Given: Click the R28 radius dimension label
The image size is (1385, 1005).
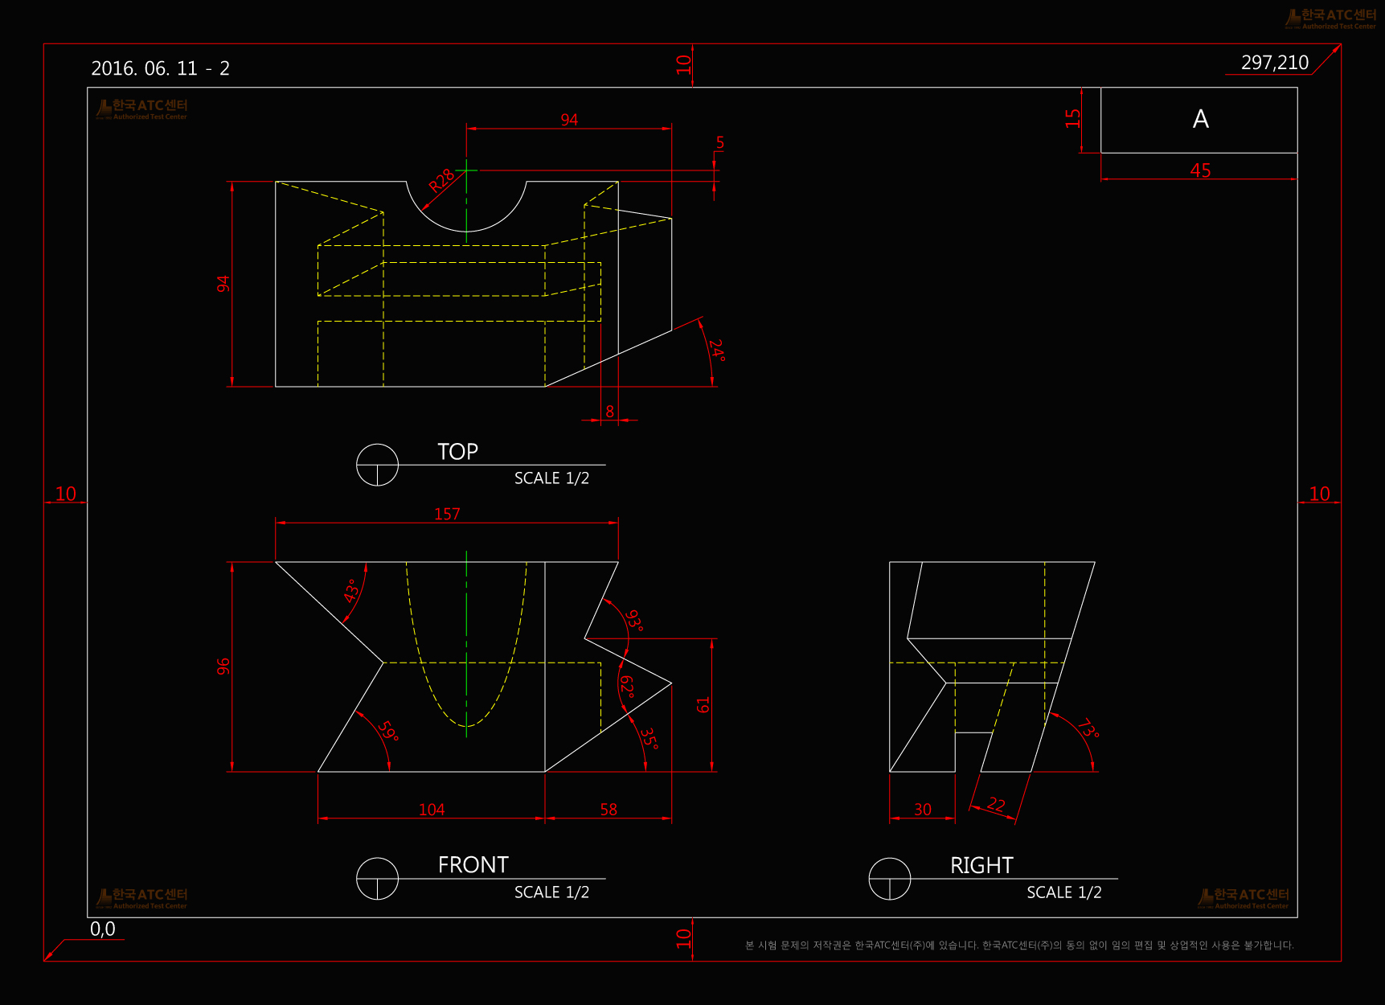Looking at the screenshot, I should coord(441,181).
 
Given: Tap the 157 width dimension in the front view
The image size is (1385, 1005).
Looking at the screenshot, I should coord(447,514).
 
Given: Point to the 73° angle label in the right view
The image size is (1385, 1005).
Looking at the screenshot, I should coord(1088,729).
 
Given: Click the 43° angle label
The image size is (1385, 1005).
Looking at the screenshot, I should coord(351,591).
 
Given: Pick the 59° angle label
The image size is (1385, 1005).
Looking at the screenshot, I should coord(388,731).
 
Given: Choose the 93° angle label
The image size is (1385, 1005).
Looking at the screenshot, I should coord(634,621).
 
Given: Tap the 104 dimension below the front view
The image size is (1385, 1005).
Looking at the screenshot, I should coord(432,810).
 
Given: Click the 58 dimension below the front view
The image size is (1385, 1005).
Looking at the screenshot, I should coord(608,810).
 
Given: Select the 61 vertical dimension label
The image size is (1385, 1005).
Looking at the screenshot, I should coord(703,705).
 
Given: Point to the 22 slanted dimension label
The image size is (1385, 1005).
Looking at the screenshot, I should coord(996,804).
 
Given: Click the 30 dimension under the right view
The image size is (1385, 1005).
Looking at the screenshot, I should coord(923,810).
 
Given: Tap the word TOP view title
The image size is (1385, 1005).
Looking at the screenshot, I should coord(457,452).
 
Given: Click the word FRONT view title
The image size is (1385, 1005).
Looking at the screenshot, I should coord(473,865).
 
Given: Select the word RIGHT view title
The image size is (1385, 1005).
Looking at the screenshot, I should coord(981,866).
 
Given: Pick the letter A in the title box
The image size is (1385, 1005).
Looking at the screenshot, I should coord(1200,119).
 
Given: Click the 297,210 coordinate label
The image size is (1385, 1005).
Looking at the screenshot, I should coord(1274,63).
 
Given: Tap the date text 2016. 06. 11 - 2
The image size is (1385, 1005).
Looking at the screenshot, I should coord(160,68).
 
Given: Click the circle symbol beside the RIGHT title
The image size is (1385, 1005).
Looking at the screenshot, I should coord(890,879).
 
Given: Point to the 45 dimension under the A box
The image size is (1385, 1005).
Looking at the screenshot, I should coord(1200,170).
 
